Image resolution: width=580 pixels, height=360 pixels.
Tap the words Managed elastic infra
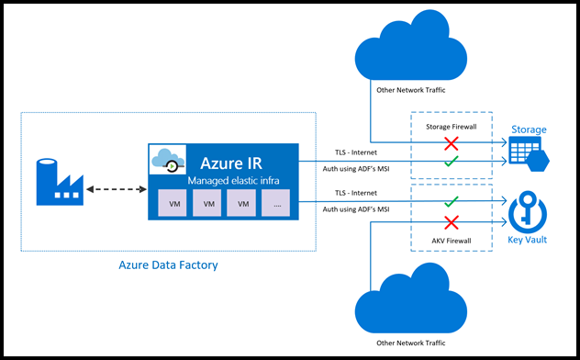click(235, 181)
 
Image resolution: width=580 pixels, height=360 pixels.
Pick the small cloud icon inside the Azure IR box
click(167, 163)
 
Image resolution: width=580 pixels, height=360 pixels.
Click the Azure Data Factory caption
click(168, 265)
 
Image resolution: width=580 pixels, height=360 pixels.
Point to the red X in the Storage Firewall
click(451, 144)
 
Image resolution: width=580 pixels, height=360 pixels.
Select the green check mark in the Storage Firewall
click(451, 163)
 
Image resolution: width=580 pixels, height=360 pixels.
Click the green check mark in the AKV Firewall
click(451, 200)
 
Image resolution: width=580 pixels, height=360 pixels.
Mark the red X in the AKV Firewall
click(451, 221)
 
